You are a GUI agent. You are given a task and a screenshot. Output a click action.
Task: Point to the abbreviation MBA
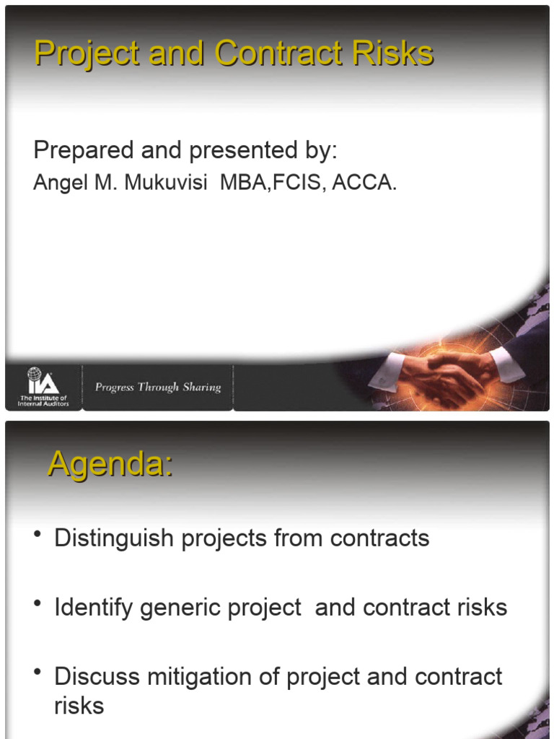pos(242,183)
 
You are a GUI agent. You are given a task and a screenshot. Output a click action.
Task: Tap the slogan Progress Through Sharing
pos(158,388)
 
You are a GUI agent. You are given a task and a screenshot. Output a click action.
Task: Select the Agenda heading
pos(110,464)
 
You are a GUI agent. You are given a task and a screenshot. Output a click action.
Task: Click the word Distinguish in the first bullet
pos(111,538)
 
